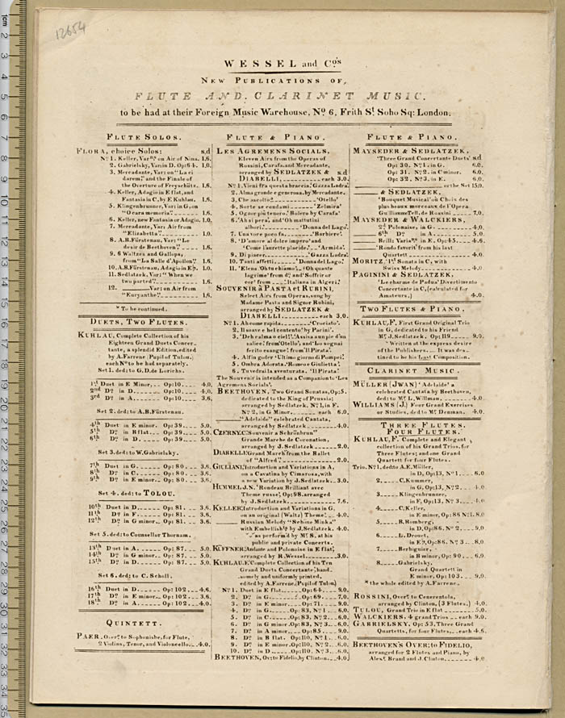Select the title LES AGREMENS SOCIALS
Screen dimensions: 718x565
(x=261, y=152)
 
